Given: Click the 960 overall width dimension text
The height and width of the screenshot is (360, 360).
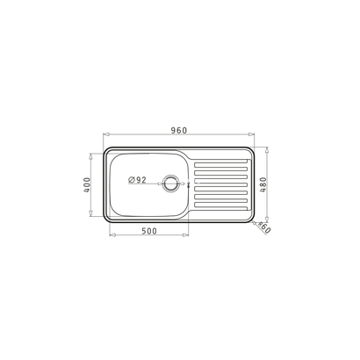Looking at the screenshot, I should point(179,131).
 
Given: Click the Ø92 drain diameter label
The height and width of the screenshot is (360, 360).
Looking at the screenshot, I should point(138,181).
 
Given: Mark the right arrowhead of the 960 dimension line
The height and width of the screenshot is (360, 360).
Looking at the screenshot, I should point(254,137).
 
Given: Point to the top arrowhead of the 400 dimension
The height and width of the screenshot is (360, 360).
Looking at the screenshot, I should point(94,155).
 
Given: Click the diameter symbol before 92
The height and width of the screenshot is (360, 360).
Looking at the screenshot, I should point(132,181).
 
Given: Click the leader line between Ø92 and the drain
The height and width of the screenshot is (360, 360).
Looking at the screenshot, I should point(154,182).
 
